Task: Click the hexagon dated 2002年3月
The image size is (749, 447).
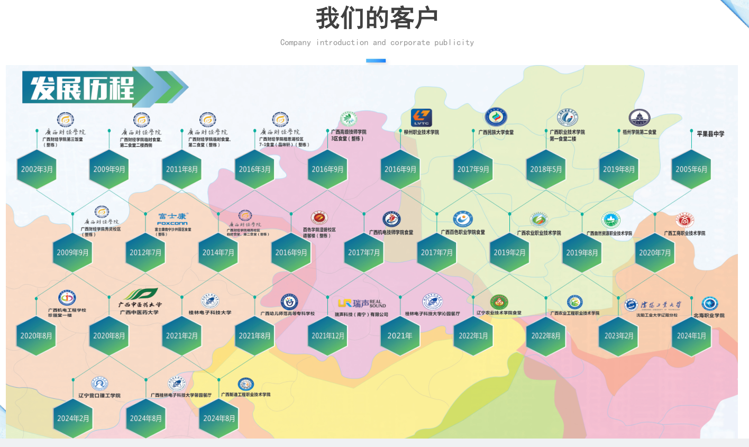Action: (36, 169)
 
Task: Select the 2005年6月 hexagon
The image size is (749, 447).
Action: (691, 169)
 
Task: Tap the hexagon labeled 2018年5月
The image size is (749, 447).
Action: (546, 169)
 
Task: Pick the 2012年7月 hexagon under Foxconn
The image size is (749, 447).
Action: (145, 252)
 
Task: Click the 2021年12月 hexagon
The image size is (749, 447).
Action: (327, 335)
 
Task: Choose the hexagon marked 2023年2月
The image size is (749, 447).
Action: (618, 335)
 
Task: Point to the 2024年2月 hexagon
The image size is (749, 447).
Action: (73, 418)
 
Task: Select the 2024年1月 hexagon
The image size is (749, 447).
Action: (691, 335)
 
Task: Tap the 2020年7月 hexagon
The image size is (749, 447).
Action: (655, 252)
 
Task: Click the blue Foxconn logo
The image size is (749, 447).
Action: (172, 219)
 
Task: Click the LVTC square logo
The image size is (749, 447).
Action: (422, 118)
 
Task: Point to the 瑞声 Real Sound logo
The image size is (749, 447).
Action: (362, 303)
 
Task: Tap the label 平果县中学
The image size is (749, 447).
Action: (710, 134)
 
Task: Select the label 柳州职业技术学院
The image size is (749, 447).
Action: (421, 132)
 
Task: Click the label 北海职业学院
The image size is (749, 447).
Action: (709, 315)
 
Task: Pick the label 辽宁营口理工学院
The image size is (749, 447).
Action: (99, 395)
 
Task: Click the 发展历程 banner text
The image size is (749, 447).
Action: (82, 88)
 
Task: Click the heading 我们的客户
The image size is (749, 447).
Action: (377, 18)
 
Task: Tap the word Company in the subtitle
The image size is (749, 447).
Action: (295, 42)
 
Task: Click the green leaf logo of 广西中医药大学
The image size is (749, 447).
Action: (141, 294)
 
